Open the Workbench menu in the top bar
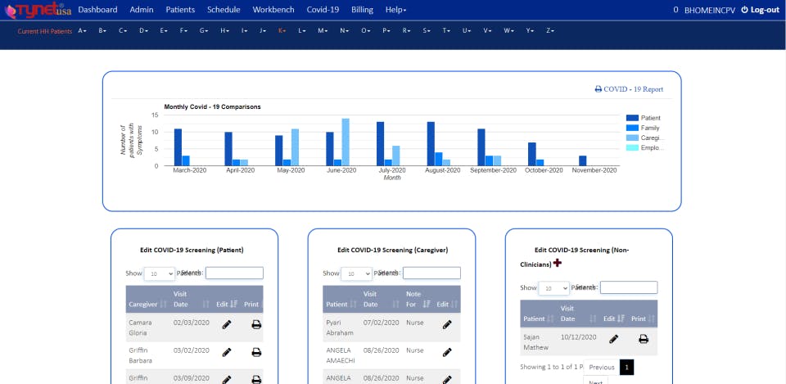[x=272, y=10]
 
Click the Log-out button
[x=760, y=10]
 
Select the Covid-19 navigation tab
[x=322, y=10]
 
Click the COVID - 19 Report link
[x=629, y=89]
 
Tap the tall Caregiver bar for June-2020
[x=346, y=142]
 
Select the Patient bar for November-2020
[x=583, y=160]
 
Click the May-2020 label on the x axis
[x=291, y=170]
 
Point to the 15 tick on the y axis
[x=155, y=115]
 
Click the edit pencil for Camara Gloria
[x=227, y=324]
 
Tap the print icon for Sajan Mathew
[x=644, y=338]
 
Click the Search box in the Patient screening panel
[x=234, y=273]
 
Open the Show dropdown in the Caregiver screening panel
[x=356, y=273]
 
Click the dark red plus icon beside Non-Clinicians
[x=558, y=263]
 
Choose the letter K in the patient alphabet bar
[x=282, y=30]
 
